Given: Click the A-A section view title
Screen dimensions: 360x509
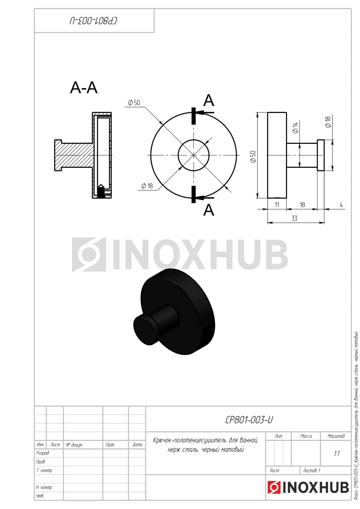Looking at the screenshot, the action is (84, 87).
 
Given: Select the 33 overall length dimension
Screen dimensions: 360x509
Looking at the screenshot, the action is (294, 218).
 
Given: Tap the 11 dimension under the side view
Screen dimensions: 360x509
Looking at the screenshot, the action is (276, 205).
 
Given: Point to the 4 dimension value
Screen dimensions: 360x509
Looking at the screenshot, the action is (341, 204).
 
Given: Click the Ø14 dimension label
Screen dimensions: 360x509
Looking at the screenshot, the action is (295, 128).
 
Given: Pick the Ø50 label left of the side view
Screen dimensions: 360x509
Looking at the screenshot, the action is (253, 156).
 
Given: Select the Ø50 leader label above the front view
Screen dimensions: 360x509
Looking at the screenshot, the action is (134, 103).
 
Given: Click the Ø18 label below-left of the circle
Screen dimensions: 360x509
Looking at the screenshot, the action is (147, 186).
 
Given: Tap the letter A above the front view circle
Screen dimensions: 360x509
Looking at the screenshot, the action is (208, 100).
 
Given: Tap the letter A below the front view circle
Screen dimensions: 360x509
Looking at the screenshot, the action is (208, 210).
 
